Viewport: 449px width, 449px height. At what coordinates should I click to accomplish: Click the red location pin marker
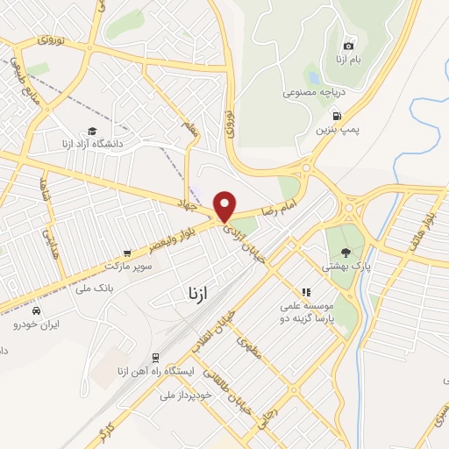[225, 206]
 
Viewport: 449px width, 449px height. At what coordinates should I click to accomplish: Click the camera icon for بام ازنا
[348, 46]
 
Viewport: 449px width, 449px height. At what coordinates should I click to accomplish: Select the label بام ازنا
[348, 60]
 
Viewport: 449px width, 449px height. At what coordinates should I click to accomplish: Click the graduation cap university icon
[91, 130]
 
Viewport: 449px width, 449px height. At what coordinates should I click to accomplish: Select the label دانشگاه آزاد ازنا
[92, 143]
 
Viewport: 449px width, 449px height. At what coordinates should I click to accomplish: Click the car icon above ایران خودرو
[35, 311]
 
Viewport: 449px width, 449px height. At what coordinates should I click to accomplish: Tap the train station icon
[155, 358]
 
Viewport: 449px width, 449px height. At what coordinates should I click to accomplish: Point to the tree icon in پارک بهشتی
[344, 252]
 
